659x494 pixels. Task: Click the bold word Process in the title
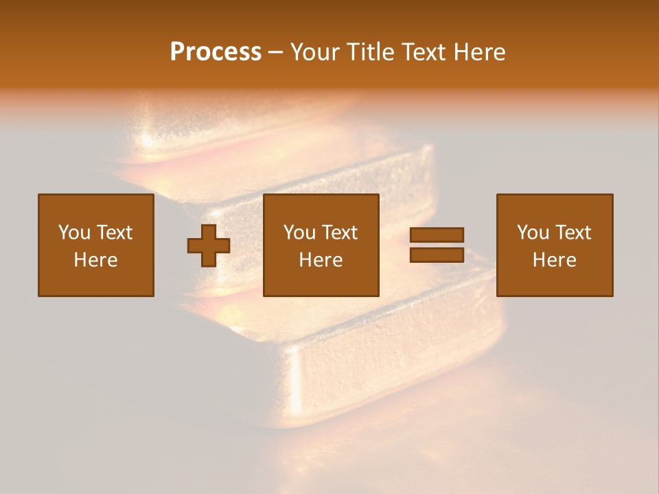point(216,52)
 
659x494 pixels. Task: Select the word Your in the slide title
point(315,52)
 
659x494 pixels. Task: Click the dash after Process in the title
point(276,53)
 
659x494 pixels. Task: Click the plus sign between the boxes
point(209,246)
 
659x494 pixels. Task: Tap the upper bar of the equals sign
point(437,235)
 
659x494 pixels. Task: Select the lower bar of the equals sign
point(437,255)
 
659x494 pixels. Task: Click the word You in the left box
point(74,233)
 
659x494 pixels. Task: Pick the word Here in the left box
point(95,260)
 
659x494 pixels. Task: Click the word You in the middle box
point(299,233)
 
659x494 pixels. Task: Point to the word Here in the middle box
point(321,260)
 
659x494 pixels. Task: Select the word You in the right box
point(533,233)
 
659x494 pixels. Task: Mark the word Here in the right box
point(554,260)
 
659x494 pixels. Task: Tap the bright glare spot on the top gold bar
point(146,141)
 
